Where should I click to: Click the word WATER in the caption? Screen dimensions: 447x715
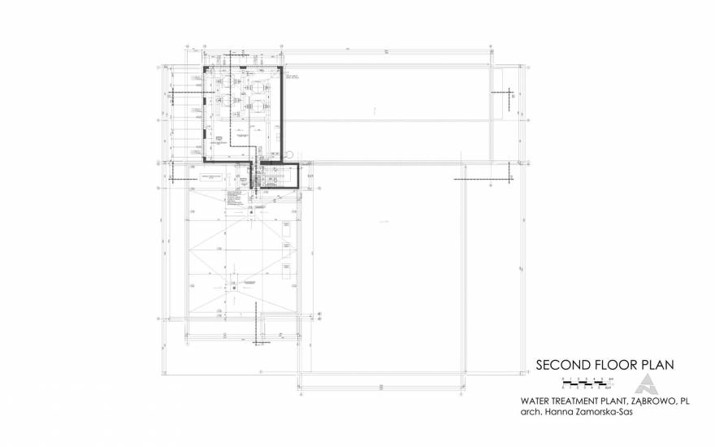coord(537,401)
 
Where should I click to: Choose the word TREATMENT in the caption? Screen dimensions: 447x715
coord(584,401)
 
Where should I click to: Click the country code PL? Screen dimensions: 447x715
coord(684,401)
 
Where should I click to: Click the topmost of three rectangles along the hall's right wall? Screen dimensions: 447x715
coord(288,230)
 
